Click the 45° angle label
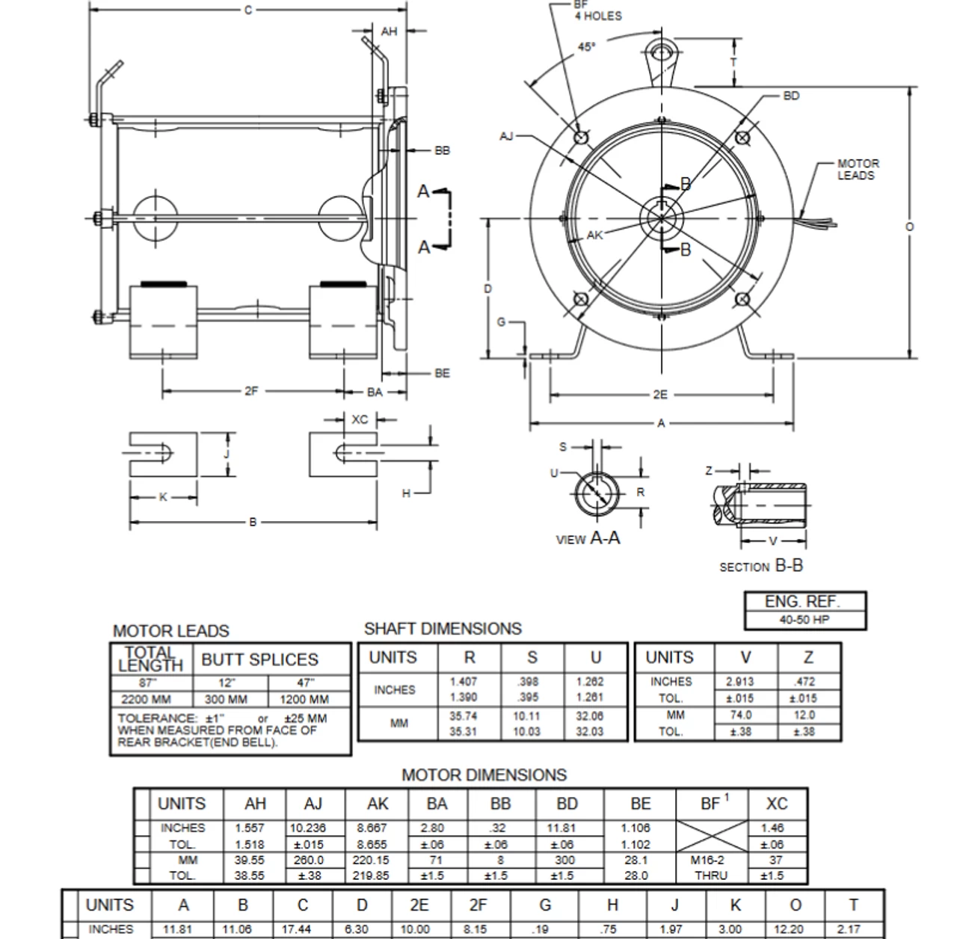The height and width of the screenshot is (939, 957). pos(587,47)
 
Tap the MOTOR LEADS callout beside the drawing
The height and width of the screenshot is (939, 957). pos(858,169)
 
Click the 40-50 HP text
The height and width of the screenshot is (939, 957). pos(804,620)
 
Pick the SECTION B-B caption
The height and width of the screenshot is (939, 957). pos(760,566)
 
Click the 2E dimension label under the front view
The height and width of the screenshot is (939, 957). pos(659,395)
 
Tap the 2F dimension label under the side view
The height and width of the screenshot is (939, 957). pos(251,391)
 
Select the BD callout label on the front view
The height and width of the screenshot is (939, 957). pos(791,96)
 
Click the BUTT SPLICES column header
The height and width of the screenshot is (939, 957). pos(259,659)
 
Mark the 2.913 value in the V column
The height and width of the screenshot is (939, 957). pos(739,682)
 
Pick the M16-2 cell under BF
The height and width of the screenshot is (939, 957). pos(707,860)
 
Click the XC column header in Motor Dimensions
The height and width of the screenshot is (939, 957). pos(777,804)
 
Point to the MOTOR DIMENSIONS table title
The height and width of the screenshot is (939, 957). pos(484,775)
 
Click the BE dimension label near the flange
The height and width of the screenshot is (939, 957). pos(442,373)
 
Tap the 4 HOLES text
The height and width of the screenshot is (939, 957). pos(597,16)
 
